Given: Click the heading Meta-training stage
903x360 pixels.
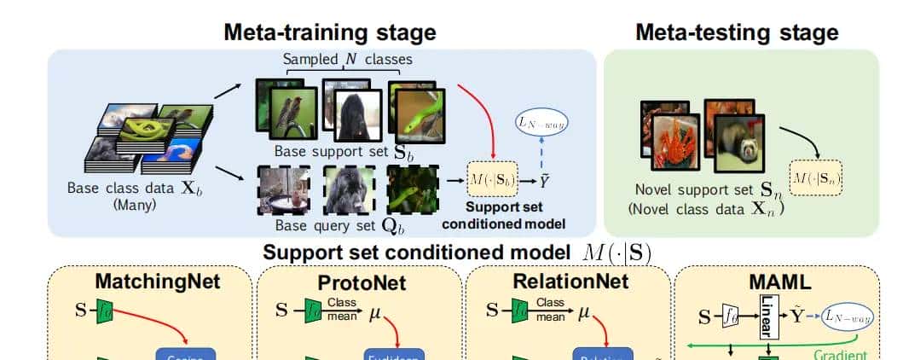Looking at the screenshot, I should (329, 32).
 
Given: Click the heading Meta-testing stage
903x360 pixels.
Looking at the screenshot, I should (737, 32).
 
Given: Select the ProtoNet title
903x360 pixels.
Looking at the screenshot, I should (362, 282).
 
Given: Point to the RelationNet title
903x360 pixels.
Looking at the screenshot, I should (570, 281).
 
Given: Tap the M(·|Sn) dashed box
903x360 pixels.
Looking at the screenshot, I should (815, 177).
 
